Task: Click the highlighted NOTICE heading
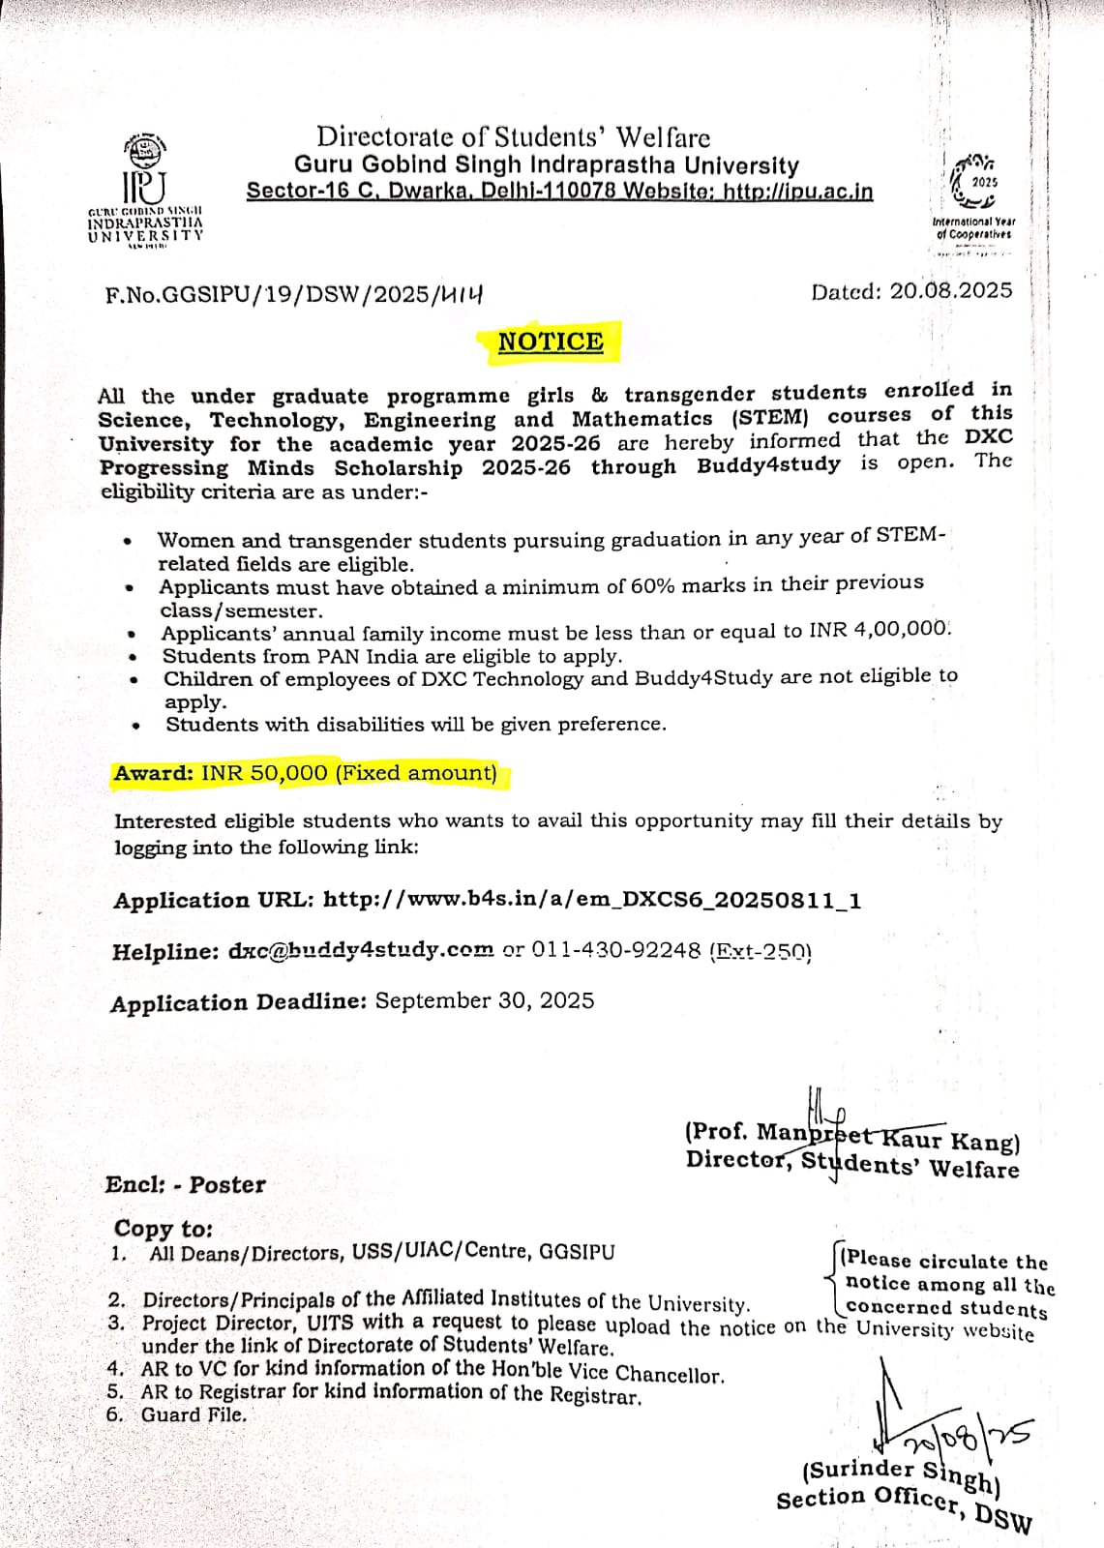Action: coord(550,342)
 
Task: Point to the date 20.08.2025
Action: coord(950,291)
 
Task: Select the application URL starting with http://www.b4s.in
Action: coord(591,900)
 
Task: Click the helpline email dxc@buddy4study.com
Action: coord(361,951)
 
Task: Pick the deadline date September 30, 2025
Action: coord(484,1000)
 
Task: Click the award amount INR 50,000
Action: coord(264,773)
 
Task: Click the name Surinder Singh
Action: coord(902,1474)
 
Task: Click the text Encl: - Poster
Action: coord(185,1185)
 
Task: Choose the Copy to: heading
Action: coord(163,1229)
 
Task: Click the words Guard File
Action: coord(194,1414)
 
